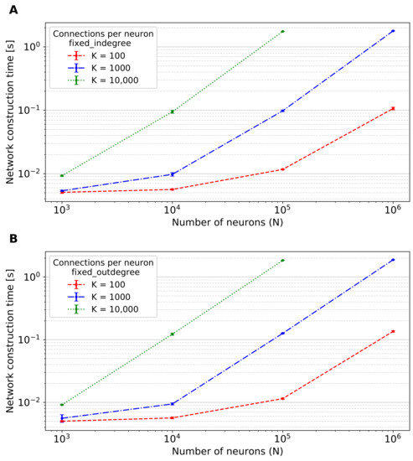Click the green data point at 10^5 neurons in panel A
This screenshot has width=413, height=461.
(x=282, y=31)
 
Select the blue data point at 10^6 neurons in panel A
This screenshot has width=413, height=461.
(x=393, y=31)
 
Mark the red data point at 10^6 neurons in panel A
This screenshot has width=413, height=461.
(x=393, y=108)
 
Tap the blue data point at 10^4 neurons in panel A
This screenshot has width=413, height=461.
(x=173, y=174)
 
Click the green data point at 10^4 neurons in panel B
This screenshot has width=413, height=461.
(x=173, y=334)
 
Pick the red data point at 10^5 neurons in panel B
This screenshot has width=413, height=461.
(x=282, y=398)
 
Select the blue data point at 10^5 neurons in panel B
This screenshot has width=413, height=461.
(x=282, y=333)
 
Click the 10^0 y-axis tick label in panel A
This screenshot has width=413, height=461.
(x=34, y=46)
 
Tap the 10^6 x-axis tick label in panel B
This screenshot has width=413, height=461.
(x=393, y=438)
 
